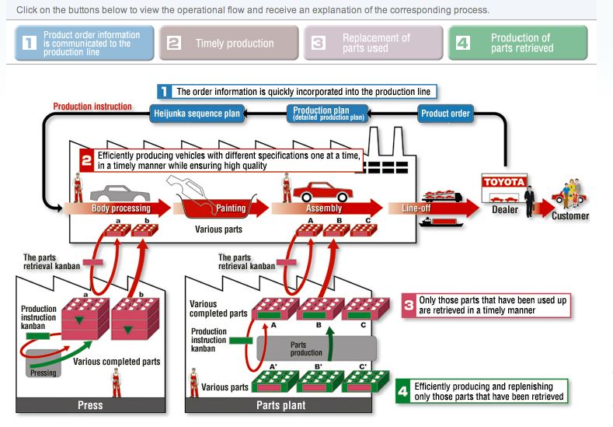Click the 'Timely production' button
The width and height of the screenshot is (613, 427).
(x=229, y=43)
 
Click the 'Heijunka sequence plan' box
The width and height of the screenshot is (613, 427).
(x=196, y=114)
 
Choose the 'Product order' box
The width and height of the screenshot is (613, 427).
(x=445, y=114)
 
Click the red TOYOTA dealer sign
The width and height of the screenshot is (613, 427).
(x=504, y=182)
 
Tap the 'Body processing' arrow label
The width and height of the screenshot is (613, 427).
(x=120, y=208)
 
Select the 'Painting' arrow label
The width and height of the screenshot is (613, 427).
(x=231, y=208)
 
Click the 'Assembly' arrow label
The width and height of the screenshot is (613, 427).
(x=324, y=208)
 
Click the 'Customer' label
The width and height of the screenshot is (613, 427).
(x=570, y=215)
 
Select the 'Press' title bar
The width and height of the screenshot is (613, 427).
(x=90, y=405)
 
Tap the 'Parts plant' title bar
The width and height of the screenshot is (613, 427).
(x=280, y=405)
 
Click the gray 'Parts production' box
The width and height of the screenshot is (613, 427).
(x=306, y=348)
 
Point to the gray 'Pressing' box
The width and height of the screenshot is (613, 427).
(x=44, y=372)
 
